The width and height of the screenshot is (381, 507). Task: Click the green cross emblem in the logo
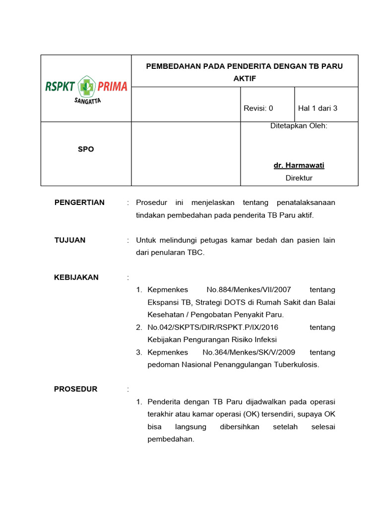86,87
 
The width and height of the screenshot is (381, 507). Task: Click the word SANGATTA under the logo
87,101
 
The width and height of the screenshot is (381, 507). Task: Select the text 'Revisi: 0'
258,108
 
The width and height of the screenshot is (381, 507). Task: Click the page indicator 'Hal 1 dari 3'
317,108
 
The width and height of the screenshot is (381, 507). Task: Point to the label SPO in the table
86,149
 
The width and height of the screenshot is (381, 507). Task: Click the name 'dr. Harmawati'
299,165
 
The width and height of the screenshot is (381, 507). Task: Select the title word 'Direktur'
299,178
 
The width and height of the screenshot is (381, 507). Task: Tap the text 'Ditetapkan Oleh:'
299,126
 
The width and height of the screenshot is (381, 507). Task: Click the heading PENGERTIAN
79,203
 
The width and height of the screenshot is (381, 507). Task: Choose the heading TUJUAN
70,240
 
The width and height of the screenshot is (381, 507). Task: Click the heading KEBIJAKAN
76,277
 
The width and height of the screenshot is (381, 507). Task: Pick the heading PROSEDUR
76,389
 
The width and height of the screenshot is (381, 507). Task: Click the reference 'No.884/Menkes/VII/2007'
249,290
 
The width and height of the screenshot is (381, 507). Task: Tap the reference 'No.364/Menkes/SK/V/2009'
249,353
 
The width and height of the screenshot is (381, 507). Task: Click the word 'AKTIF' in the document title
244,78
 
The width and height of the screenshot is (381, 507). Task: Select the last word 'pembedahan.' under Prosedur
171,439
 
